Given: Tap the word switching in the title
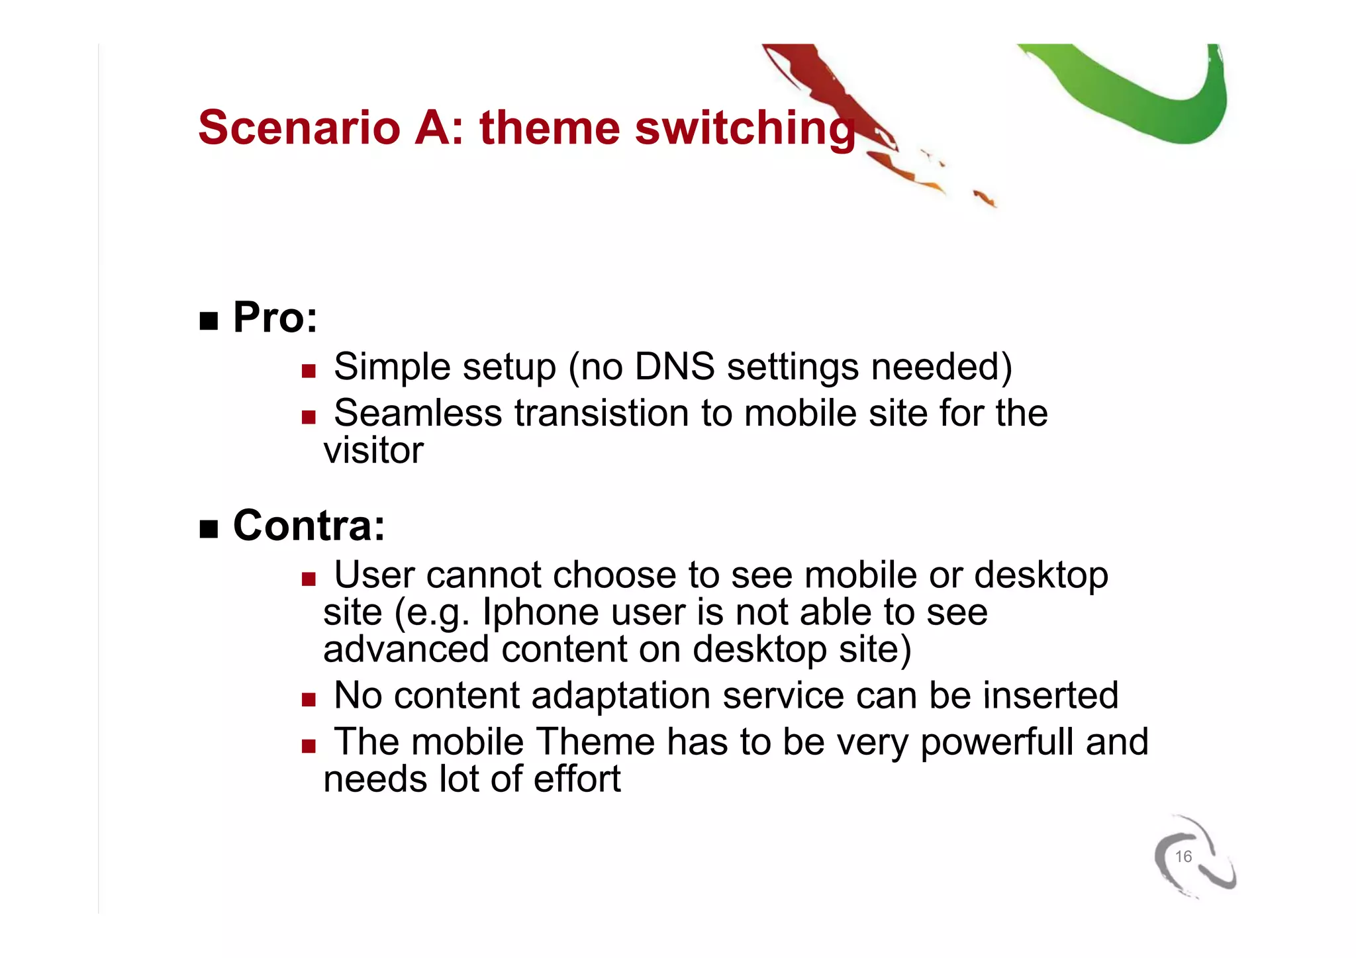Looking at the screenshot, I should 744,128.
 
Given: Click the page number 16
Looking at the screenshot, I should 1183,856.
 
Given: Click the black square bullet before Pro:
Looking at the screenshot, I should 209,321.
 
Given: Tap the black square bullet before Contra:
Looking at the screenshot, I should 209,529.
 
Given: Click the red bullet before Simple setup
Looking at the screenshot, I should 309,371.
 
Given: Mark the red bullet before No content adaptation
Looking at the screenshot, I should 309,700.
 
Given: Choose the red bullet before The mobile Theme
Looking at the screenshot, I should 309,746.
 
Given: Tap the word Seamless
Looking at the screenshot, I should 418,413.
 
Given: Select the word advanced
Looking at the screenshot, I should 406,649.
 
